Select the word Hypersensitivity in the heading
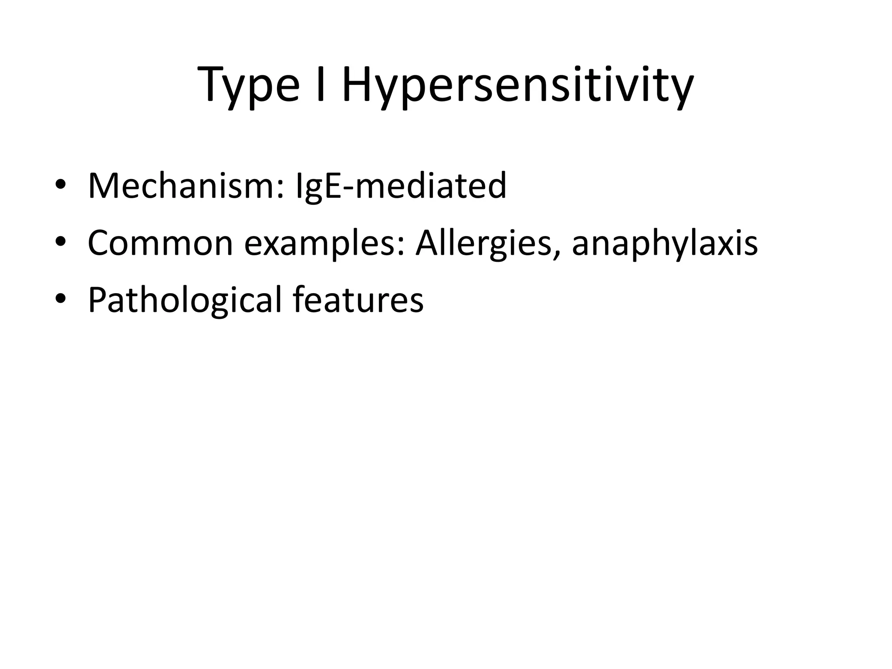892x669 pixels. pyautogui.click(x=517, y=85)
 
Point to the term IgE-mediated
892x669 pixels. pyautogui.click(x=401, y=186)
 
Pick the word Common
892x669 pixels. pyautogui.click(x=160, y=243)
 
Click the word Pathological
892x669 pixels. pyautogui.click(x=185, y=300)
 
